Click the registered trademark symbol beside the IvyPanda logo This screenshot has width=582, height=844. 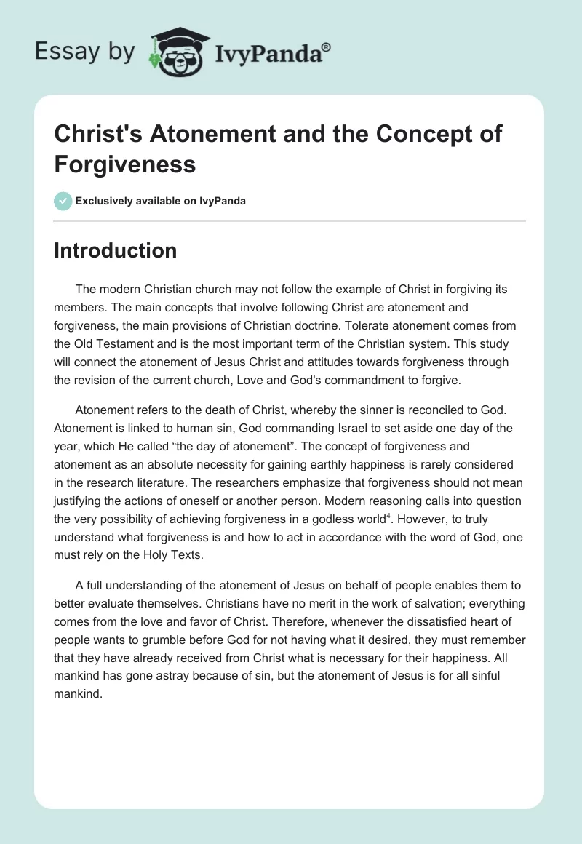[326, 47]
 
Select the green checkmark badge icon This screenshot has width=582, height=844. [63, 201]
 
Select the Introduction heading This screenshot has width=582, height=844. [116, 250]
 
